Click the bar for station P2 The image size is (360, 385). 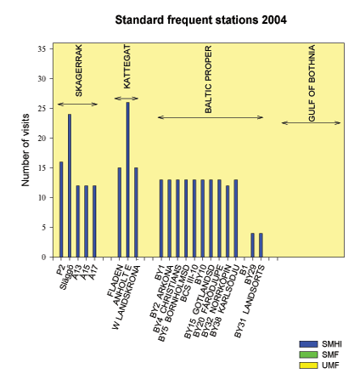tap(61, 209)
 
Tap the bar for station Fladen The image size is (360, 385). tap(120, 212)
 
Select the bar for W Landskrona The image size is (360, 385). tap(136, 212)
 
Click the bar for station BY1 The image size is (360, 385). tap(161, 218)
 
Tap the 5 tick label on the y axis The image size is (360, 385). tap(48, 227)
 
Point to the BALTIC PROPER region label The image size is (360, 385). tap(209, 82)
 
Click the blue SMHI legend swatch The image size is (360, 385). tap(307, 343)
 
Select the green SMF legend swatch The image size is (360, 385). tap(307, 354)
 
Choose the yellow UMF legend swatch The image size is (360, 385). tap(307, 365)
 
